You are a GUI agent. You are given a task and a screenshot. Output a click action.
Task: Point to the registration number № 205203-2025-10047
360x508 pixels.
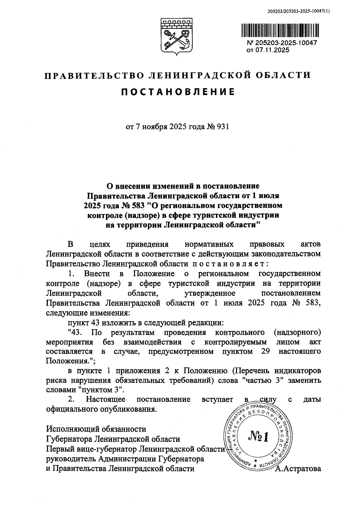281,43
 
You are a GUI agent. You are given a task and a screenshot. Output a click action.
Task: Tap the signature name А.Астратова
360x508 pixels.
298,468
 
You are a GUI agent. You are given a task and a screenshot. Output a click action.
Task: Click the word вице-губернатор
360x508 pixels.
107,449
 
